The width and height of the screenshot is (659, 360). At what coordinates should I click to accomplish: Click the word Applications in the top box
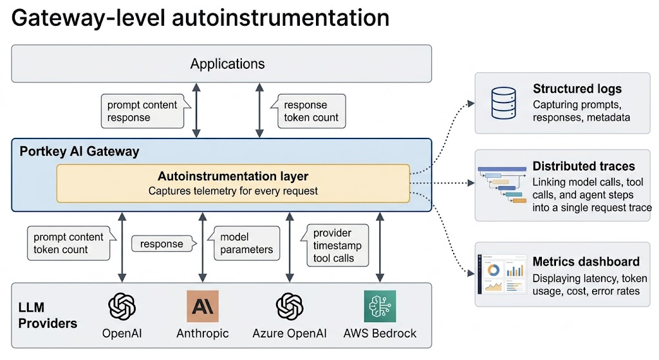pyautogui.click(x=227, y=64)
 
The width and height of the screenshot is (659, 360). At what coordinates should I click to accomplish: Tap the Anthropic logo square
pyautogui.click(x=202, y=307)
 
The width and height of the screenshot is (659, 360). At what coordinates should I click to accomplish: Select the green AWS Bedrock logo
pyautogui.click(x=380, y=307)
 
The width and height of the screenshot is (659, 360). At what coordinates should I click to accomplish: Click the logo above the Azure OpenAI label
pyautogui.click(x=289, y=307)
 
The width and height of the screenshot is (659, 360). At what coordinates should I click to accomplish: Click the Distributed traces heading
pyautogui.click(x=584, y=167)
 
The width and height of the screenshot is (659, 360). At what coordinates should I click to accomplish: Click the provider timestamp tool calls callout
pyautogui.click(x=337, y=245)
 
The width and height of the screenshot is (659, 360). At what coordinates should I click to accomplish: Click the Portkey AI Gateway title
pyautogui.click(x=79, y=152)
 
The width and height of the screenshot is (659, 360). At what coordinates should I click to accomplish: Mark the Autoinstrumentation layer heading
pyautogui.click(x=233, y=176)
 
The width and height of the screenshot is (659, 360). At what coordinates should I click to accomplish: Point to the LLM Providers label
pyautogui.click(x=48, y=316)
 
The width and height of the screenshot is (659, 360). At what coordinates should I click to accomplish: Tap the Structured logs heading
pyautogui.click(x=577, y=90)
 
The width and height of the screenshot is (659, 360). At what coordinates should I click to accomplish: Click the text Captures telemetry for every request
pyautogui.click(x=233, y=191)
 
